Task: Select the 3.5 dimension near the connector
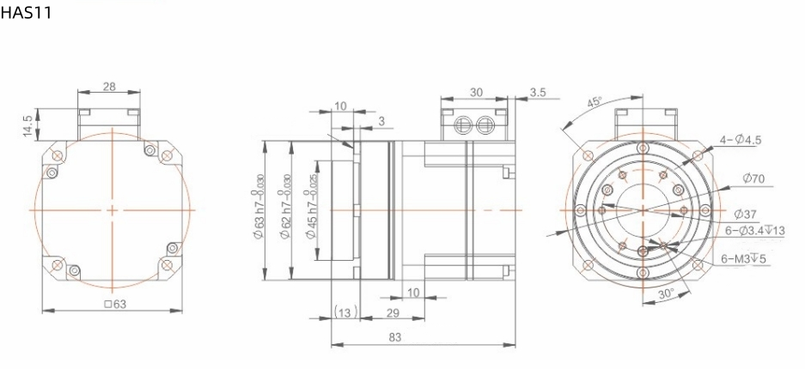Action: (x=539, y=92)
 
